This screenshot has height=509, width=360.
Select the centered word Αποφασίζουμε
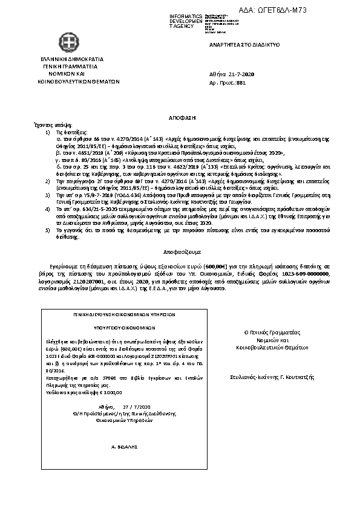180,248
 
